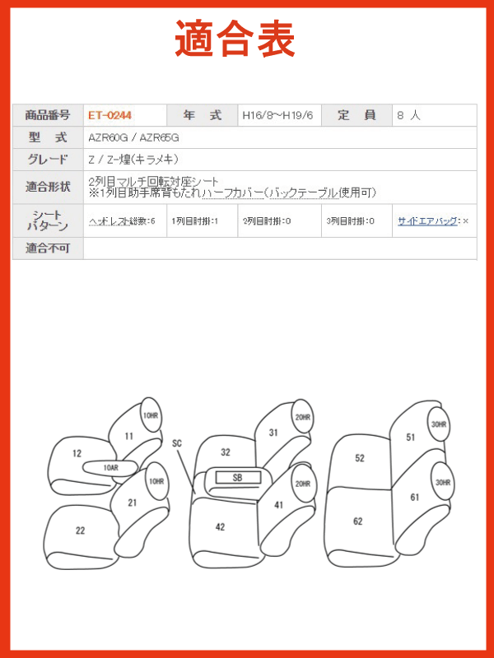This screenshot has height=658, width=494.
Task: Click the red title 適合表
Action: [235, 39]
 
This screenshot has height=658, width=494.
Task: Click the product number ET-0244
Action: [110, 115]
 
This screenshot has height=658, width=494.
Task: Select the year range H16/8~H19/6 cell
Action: [277, 115]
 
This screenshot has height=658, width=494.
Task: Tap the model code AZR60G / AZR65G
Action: [133, 137]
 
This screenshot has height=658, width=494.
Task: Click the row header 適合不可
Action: [48, 248]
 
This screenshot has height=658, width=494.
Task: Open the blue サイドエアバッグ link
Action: [427, 220]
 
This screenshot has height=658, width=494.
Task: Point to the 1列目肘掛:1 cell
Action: [195, 220]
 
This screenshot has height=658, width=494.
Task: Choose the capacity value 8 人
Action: [408, 115]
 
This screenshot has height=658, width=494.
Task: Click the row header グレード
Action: [48, 160]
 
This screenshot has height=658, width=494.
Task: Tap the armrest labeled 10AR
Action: [110, 467]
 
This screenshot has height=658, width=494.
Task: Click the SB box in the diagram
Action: [238, 478]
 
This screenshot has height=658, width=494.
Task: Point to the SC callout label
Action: [177, 443]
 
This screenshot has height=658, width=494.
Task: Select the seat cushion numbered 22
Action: [80, 531]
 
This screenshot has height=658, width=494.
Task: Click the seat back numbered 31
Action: [273, 433]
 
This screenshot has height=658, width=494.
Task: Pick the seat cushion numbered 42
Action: [220, 527]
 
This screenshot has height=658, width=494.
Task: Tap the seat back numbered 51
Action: [410, 438]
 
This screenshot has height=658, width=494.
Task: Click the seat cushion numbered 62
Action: [358, 521]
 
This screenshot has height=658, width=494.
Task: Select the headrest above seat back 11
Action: [151, 415]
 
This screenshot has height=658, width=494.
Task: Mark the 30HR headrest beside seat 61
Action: [443, 483]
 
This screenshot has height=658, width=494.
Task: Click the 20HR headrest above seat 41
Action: [302, 484]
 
